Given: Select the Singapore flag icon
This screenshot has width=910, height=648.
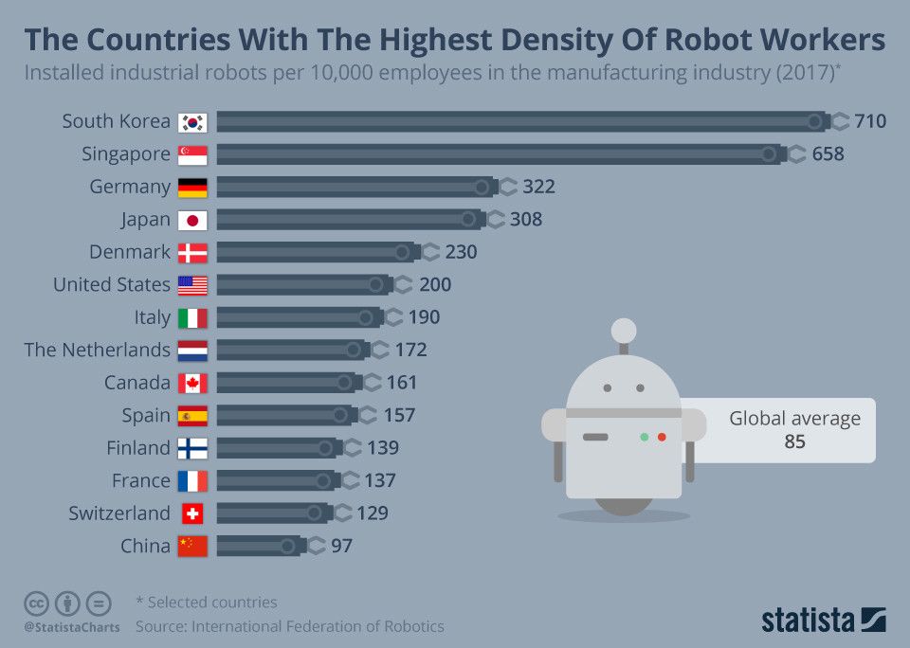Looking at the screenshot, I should pyautogui.click(x=192, y=154).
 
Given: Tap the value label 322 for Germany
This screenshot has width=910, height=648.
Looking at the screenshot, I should pyautogui.click(x=537, y=187).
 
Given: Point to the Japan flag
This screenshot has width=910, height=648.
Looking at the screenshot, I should pyautogui.click(x=192, y=220).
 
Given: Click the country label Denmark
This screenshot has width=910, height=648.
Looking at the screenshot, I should pyautogui.click(x=130, y=252).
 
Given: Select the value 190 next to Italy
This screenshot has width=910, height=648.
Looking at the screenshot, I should pyautogui.click(x=424, y=317).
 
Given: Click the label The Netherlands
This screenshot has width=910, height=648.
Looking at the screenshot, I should pyautogui.click(x=97, y=350).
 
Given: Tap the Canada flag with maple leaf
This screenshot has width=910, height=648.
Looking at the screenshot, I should pyautogui.click(x=192, y=383).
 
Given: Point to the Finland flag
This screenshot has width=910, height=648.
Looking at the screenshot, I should pyautogui.click(x=192, y=448).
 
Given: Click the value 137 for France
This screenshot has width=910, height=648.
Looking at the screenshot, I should pyautogui.click(x=379, y=480).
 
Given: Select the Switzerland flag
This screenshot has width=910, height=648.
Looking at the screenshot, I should pyautogui.click(x=192, y=513).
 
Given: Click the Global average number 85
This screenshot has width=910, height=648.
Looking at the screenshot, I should pyautogui.click(x=794, y=441).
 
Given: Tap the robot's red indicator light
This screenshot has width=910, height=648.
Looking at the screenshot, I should pyautogui.click(x=662, y=437).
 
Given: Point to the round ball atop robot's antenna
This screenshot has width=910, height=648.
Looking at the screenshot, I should pyautogui.click(x=624, y=330).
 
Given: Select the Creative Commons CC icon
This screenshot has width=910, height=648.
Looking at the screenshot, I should pyautogui.click(x=36, y=603).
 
